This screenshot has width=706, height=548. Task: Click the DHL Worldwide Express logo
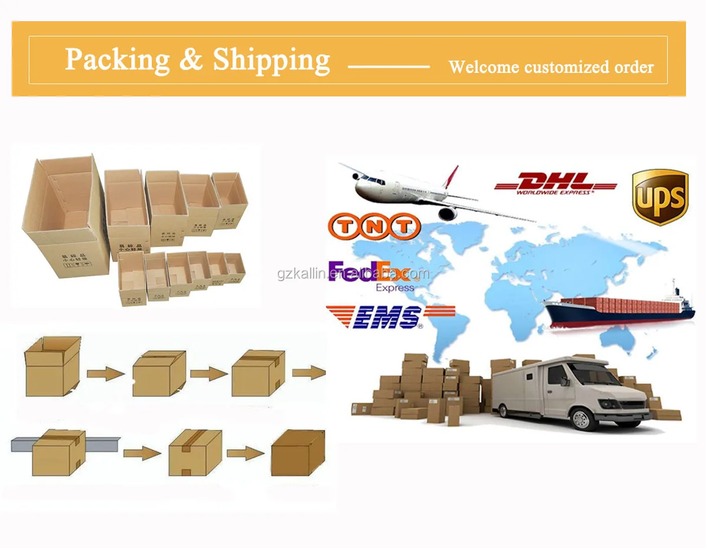coord(555,183)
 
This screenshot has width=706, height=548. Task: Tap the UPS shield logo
coord(660,197)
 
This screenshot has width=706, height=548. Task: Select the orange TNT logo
coord(374,226)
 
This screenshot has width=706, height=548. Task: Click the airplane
coord(412,191)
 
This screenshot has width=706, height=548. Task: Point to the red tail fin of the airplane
coord(451,176)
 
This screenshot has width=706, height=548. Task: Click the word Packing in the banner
coord(117,59)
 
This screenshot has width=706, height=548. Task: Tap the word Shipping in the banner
coord(271,59)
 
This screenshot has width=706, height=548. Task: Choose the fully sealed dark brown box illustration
coord(298,452)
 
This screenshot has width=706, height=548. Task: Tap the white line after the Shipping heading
coord(388,66)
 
